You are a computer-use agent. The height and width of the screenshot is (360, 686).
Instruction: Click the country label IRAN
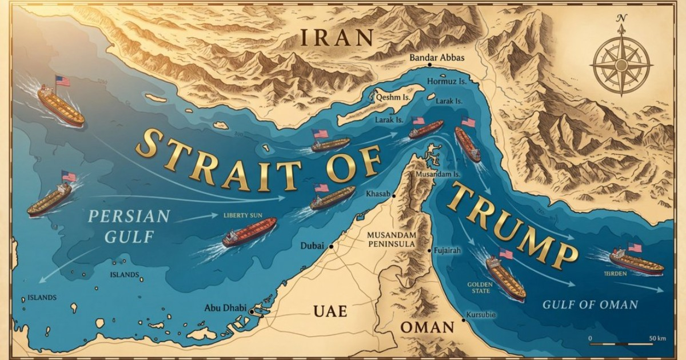point(337,37)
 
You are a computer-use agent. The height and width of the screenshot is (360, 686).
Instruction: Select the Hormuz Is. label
point(447,82)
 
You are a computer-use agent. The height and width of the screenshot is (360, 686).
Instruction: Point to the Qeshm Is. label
point(392,97)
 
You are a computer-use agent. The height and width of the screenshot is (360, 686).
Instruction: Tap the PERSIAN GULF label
point(129,224)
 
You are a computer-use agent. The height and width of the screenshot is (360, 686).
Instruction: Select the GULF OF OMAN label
point(590,305)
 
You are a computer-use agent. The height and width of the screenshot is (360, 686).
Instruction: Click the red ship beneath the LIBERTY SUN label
point(250,231)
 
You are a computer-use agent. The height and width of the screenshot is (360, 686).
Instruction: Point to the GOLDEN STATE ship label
point(480,287)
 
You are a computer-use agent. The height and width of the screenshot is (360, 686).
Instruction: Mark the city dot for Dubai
point(330,246)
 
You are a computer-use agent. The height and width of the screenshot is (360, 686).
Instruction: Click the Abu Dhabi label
point(225,309)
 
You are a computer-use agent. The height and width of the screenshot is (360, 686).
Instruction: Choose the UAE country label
point(330,311)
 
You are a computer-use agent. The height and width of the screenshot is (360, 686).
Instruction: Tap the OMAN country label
point(426,327)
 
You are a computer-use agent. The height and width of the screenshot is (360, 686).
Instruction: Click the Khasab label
point(377,195)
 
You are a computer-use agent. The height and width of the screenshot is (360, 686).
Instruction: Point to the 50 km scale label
point(657,339)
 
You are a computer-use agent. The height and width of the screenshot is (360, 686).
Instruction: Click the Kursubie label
point(482,315)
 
